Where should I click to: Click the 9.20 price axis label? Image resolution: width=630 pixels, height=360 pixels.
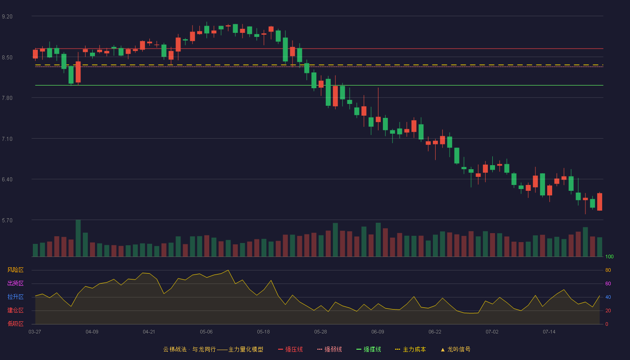pos(7,17)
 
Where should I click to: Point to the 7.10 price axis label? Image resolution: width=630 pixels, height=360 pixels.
pos(7,139)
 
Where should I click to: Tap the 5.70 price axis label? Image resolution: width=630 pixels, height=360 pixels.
pos(7,220)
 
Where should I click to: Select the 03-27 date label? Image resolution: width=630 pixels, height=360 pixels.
pos(35,332)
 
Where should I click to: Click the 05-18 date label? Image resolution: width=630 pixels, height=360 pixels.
pos(263,332)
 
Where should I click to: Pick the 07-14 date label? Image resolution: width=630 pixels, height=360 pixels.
pos(549,332)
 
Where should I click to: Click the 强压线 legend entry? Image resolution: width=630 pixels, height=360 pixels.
pos(290,349)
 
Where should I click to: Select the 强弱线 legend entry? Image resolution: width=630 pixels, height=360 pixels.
pos(329,349)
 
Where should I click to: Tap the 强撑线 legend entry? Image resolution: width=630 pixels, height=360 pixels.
pos(369,349)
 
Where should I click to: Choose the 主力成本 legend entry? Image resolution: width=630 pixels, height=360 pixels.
pos(410,349)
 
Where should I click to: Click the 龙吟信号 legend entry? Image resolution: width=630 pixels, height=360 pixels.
pos(455,349)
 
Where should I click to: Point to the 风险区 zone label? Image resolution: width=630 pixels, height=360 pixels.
pos(15,270)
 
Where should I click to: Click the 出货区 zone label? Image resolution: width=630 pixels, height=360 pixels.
pos(15,283)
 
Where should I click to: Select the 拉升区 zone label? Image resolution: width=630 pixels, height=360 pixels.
pos(15,297)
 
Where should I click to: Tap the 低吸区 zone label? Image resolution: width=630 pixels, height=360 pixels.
pos(15,324)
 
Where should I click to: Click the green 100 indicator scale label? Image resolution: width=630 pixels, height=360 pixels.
pos(609,256)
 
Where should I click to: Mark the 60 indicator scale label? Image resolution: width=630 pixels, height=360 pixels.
pos(608,283)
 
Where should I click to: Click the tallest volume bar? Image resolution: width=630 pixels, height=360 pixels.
pos(78,238)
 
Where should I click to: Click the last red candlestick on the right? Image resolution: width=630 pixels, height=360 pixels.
pos(599,202)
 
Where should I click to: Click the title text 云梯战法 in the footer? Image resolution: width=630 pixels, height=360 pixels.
pos(175,349)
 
